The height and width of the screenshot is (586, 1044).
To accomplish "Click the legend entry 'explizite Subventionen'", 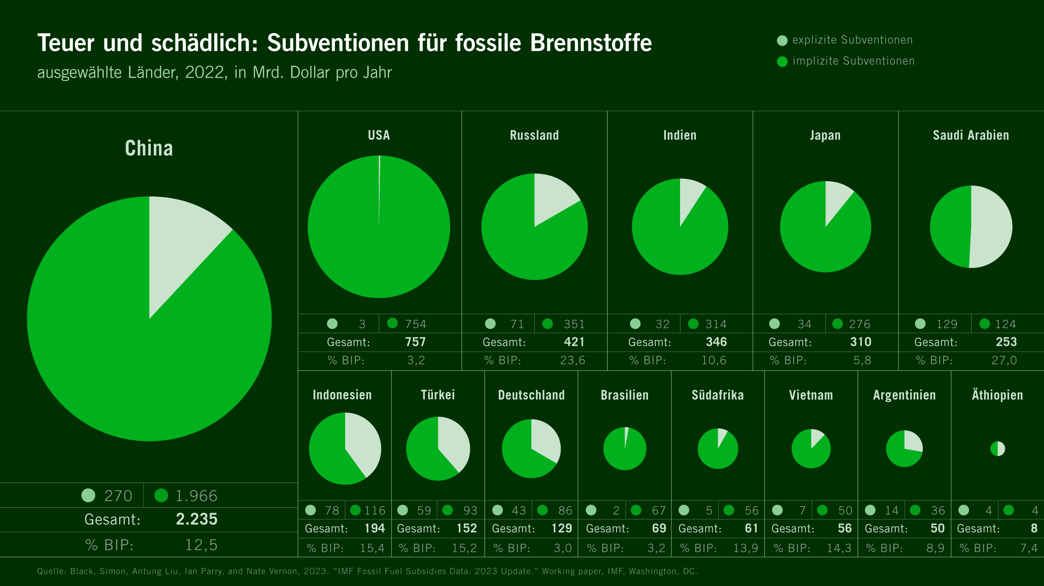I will (x=852, y=40).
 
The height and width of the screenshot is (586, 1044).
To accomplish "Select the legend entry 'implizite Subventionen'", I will (x=853, y=61).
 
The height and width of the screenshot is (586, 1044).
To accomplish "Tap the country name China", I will (x=149, y=148).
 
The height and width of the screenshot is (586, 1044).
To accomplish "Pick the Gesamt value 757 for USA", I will (x=415, y=342).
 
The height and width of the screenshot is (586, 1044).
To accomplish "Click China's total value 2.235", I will (x=196, y=519).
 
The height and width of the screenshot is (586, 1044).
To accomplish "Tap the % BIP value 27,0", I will (x=1004, y=360).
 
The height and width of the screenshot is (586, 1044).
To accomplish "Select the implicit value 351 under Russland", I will (x=574, y=324).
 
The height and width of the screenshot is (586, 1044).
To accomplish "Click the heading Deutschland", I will (x=531, y=395).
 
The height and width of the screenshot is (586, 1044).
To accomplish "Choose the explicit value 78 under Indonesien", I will (x=332, y=510).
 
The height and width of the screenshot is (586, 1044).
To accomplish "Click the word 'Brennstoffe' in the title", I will (x=591, y=43).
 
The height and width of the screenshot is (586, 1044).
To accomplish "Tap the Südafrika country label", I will (x=717, y=395).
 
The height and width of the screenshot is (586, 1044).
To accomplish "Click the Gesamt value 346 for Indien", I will (x=716, y=342).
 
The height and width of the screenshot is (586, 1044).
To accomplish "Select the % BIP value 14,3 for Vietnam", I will (x=839, y=548).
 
